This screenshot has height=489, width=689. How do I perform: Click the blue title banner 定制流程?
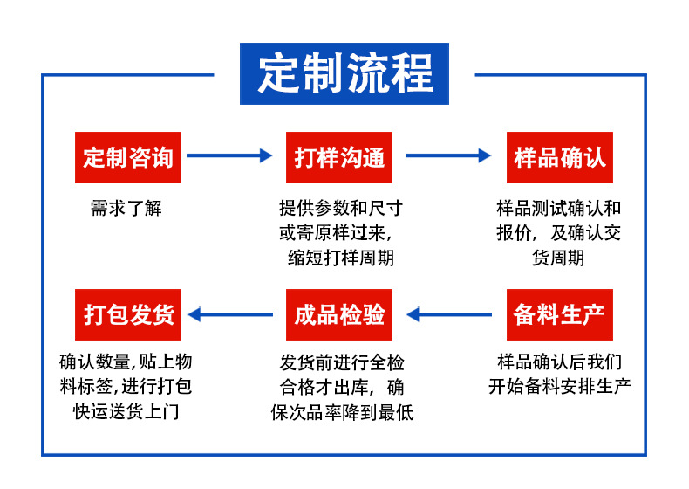(344, 73)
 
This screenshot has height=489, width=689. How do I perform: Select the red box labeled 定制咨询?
(128, 157)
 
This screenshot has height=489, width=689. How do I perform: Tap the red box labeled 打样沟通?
(338, 157)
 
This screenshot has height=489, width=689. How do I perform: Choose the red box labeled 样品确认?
(559, 157)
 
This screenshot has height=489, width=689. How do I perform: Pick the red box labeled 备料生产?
(559, 314)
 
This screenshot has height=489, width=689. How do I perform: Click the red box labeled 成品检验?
(338, 314)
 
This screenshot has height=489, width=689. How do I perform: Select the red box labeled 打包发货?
(128, 314)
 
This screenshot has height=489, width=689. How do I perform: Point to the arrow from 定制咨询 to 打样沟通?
(229, 155)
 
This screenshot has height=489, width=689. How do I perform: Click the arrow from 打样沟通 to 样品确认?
(448, 155)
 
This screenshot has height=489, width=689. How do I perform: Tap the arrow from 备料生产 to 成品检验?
(449, 314)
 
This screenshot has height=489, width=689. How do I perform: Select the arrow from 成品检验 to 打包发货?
(230, 314)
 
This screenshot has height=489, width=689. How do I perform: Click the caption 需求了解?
(126, 208)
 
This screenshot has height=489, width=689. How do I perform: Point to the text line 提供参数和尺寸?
(341, 208)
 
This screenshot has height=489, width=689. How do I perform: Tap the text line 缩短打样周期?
(341, 258)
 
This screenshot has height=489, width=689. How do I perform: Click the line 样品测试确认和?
(558, 208)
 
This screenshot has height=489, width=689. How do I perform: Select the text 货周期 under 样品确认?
(558, 258)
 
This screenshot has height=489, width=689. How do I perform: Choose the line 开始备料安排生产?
(559, 387)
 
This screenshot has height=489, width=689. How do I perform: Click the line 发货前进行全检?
(342, 363)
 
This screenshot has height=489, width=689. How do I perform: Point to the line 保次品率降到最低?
(342, 412)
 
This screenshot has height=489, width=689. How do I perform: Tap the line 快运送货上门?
(126, 411)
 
